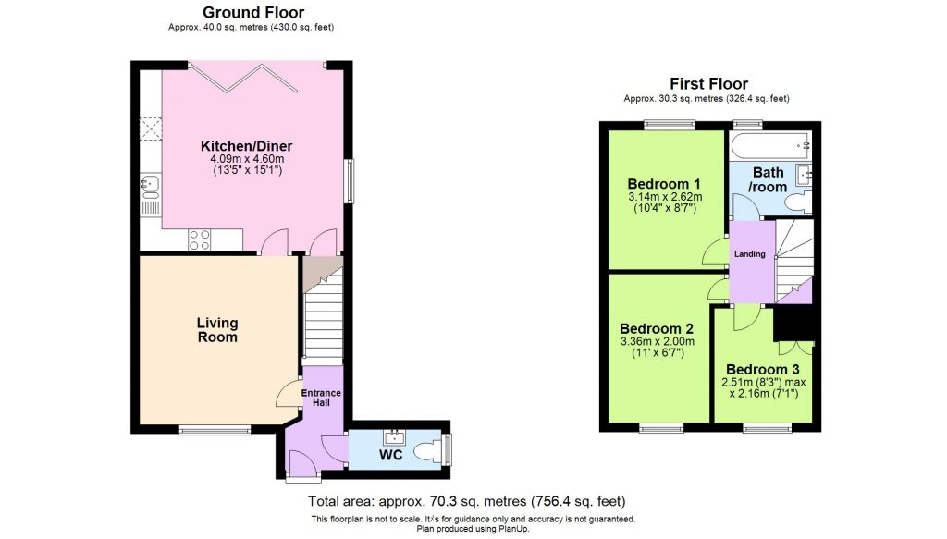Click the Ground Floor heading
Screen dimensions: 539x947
(252, 12)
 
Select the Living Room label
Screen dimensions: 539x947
(217, 330)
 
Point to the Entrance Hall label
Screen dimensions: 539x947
(323, 398)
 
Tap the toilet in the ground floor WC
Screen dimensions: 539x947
(428, 452)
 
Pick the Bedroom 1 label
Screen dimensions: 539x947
(662, 182)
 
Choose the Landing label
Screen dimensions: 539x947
(750, 254)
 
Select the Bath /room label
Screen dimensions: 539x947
(769, 179)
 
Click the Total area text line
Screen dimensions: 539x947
(473, 502)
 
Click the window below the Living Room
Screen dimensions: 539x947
(215, 429)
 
